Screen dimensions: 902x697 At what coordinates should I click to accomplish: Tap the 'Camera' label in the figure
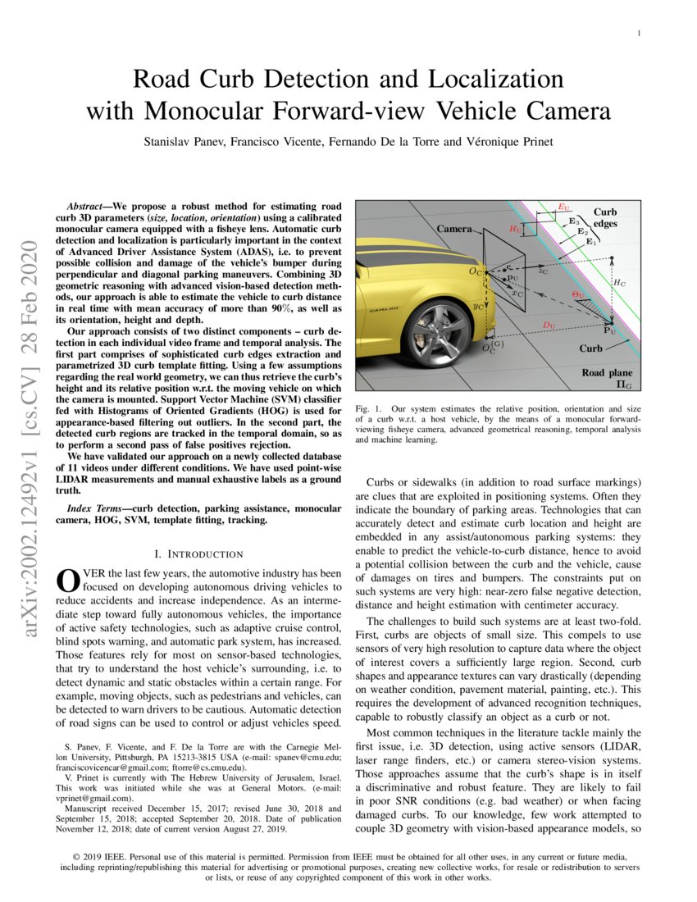[453, 229]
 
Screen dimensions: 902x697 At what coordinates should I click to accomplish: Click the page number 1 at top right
[639, 34]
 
